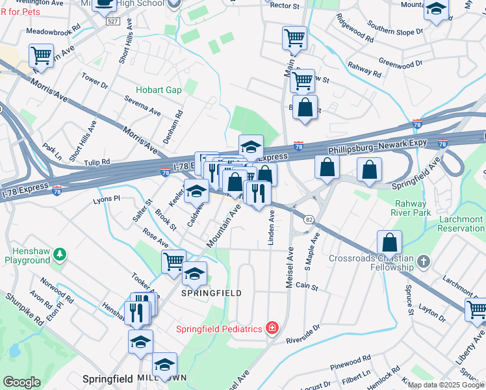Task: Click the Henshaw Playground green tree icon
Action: pyautogui.click(x=60, y=253)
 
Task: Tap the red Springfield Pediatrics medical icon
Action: pyautogui.click(x=272, y=328)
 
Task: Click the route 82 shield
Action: pyautogui.click(x=309, y=220)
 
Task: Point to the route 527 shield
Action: pyautogui.click(x=112, y=21)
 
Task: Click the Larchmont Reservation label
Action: pyautogui.click(x=460, y=224)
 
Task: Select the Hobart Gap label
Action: pyautogui.click(x=159, y=90)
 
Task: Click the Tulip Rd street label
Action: pyautogui.click(x=96, y=162)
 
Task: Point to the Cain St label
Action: pyautogui.click(x=306, y=286)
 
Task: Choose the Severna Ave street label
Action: pyautogui.click(x=142, y=108)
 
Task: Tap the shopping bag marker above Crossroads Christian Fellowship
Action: pyautogui.click(x=389, y=242)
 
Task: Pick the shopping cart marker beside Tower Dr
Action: pyautogui.click(x=42, y=55)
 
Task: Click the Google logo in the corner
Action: pyautogui.click(x=21, y=382)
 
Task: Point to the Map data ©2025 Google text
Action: pyautogui.click(x=446, y=385)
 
